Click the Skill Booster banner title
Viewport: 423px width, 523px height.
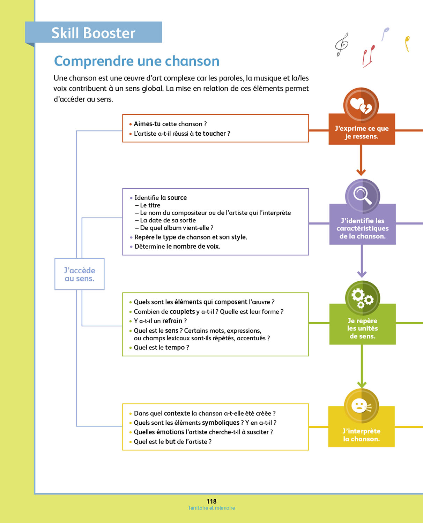click(93, 33)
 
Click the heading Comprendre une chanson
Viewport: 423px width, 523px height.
click(136, 61)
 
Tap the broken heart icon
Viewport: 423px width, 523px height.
click(361, 105)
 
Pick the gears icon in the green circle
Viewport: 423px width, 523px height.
click(362, 298)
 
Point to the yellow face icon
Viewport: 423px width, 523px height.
click(361, 406)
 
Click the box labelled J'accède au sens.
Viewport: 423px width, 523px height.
click(80, 274)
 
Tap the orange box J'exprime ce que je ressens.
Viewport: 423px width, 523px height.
click(362, 132)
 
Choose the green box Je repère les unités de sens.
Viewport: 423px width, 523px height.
click(362, 328)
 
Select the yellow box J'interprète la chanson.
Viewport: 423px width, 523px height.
click(361, 435)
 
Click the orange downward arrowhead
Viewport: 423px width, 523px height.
click(361, 172)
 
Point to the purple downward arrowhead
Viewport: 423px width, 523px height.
click(362, 274)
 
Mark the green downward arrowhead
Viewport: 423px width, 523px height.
click(362, 384)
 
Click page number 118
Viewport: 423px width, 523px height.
click(211, 501)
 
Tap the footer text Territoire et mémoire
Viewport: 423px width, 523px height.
click(211, 508)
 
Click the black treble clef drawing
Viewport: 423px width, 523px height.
click(342, 44)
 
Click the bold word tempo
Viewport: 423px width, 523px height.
click(175, 347)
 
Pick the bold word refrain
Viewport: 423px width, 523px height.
click(172, 321)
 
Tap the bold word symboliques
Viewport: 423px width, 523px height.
click(221, 423)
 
